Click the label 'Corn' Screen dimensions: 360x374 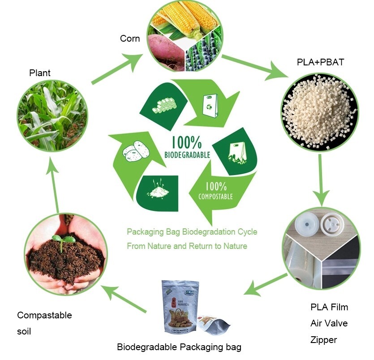[130, 39]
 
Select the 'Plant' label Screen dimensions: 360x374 [40, 73]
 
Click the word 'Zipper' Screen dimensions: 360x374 [324, 340]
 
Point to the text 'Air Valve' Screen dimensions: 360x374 [329, 323]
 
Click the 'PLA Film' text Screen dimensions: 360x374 [329, 307]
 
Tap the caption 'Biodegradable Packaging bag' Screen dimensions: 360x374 [179, 347]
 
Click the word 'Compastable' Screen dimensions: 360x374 [44, 315]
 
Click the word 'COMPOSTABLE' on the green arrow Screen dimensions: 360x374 [216, 196]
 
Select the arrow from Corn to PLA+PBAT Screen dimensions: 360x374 [251, 67]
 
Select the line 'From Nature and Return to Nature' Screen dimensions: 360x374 [187, 246]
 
